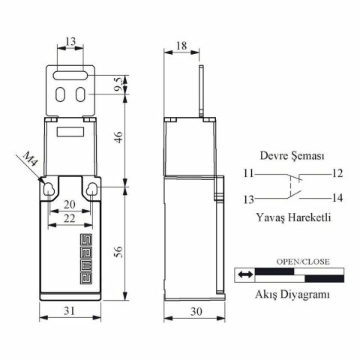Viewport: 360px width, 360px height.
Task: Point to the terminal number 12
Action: pyautogui.click(x=337, y=173)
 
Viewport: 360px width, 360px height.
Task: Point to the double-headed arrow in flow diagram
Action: pyautogui.click(x=244, y=275)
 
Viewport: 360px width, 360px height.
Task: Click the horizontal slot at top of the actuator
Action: pyautogui.click(x=70, y=75)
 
